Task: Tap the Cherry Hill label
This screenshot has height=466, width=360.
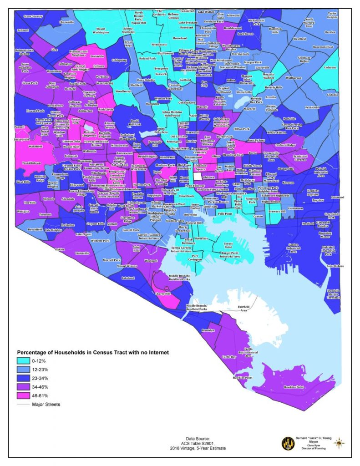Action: click(x=162, y=294)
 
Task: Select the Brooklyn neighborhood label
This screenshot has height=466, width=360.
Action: click(x=208, y=330)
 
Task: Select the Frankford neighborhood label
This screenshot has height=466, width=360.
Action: click(x=312, y=107)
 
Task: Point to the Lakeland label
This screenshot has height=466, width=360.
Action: click(x=128, y=278)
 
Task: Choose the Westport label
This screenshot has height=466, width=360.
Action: click(x=151, y=261)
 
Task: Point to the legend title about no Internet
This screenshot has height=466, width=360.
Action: click(x=93, y=352)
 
